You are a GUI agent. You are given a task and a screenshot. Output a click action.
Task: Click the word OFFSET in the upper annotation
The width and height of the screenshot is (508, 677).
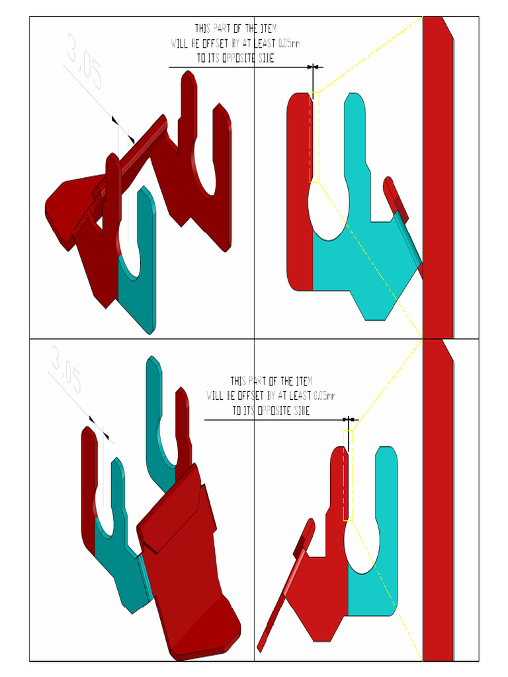tap(212, 44)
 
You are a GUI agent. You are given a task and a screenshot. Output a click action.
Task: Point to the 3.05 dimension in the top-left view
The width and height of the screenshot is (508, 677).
tap(84, 63)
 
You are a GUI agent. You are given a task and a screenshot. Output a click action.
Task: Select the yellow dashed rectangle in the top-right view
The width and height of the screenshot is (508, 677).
tap(315, 136)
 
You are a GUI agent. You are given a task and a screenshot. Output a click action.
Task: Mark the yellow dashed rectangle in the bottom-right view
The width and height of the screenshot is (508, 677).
tap(348, 475)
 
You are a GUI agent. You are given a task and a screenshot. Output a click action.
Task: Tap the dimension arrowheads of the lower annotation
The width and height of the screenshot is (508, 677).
tap(350, 419)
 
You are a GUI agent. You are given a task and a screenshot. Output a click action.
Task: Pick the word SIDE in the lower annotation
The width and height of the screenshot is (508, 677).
tap(298, 411)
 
